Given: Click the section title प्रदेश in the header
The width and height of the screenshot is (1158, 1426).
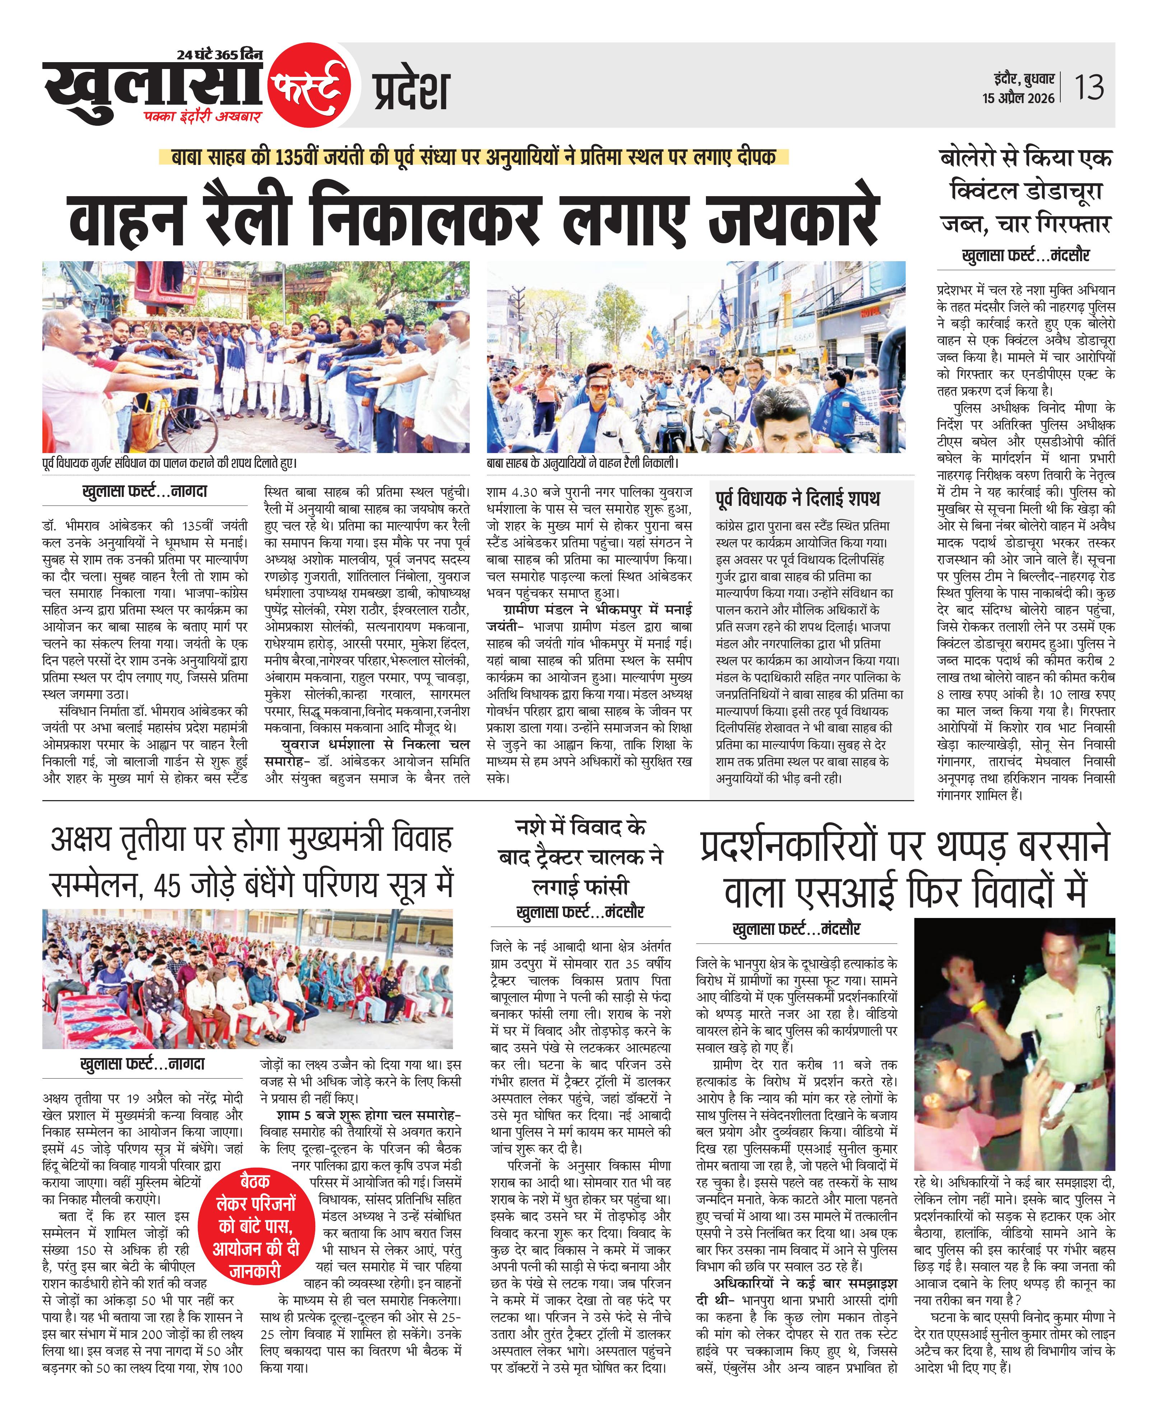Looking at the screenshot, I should [411, 91].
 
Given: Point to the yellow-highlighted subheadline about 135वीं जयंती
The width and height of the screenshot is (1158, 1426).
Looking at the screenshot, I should [474, 157].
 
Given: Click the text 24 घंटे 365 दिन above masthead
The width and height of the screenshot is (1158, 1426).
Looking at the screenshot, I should [219, 55].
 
